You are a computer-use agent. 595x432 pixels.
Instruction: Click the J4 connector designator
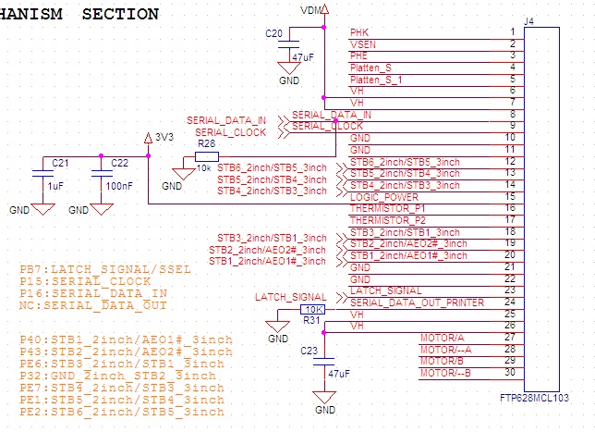(528, 20)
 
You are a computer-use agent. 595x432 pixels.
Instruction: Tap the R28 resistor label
(206, 144)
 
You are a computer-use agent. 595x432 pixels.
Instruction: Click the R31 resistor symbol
(314, 309)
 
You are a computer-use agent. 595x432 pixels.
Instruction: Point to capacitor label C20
(273, 33)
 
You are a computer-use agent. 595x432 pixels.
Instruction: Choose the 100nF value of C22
(120, 186)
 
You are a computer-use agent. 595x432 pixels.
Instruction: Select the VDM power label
(312, 8)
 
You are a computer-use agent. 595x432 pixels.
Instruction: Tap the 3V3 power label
(164, 137)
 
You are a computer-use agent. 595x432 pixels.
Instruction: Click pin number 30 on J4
(509, 373)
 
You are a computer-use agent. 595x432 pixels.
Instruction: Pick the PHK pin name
(358, 32)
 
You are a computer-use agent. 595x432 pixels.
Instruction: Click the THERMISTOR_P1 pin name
(389, 209)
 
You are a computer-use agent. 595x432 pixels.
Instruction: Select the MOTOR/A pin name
(441, 338)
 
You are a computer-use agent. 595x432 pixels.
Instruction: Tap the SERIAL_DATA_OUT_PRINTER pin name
(417, 302)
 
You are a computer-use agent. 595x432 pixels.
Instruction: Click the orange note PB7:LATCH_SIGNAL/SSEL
(104, 269)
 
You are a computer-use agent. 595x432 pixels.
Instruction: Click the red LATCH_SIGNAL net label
(290, 297)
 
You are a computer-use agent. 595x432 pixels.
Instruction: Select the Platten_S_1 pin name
(374, 80)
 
